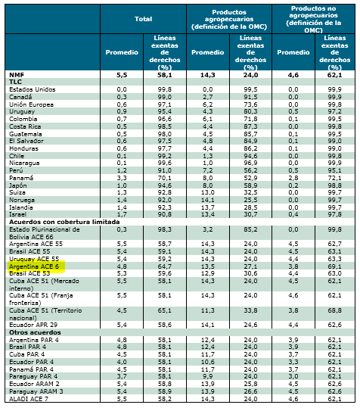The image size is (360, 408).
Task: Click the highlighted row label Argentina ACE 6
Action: [34, 266]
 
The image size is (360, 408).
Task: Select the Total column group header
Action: [143, 19]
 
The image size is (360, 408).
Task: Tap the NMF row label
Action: [17, 75]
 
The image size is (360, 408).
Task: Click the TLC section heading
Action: [15, 82]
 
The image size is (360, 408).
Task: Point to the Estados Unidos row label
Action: [33, 89]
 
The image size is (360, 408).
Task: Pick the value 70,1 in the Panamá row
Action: [165, 178]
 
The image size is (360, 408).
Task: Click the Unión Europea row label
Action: [32, 104]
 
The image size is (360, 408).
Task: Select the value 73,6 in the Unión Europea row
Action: [250, 104]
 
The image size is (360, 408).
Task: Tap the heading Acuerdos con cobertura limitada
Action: [64, 222]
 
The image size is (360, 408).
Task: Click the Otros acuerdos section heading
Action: [35, 332]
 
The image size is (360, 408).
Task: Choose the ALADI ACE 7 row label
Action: [29, 399]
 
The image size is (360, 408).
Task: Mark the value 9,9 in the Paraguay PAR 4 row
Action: [207, 376]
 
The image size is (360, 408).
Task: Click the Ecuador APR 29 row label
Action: [33, 325]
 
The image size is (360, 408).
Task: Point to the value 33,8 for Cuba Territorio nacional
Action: [250, 310]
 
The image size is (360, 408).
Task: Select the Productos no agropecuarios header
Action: [313, 19]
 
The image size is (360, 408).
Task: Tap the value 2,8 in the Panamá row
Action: [293, 178]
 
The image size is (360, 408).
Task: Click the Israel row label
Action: [17, 214]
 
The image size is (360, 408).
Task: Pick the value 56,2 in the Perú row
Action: [250, 170]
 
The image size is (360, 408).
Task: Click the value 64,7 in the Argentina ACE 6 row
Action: [165, 266]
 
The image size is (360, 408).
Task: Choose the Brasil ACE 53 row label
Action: [29, 273]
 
